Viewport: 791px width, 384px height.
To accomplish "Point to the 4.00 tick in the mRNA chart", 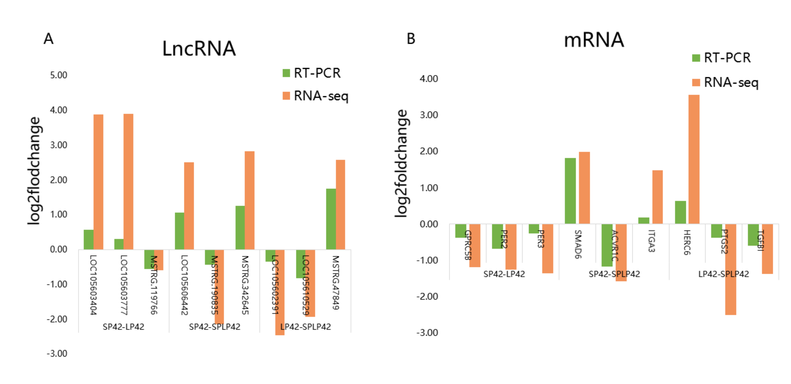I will coord(429,79).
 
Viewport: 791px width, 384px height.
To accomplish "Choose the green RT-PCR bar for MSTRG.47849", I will coord(331,219).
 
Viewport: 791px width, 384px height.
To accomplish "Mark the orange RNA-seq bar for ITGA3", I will coord(657,197).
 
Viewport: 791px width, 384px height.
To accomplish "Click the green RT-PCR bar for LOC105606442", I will coord(179,231).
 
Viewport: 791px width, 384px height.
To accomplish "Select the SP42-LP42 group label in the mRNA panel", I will coord(504,274).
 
